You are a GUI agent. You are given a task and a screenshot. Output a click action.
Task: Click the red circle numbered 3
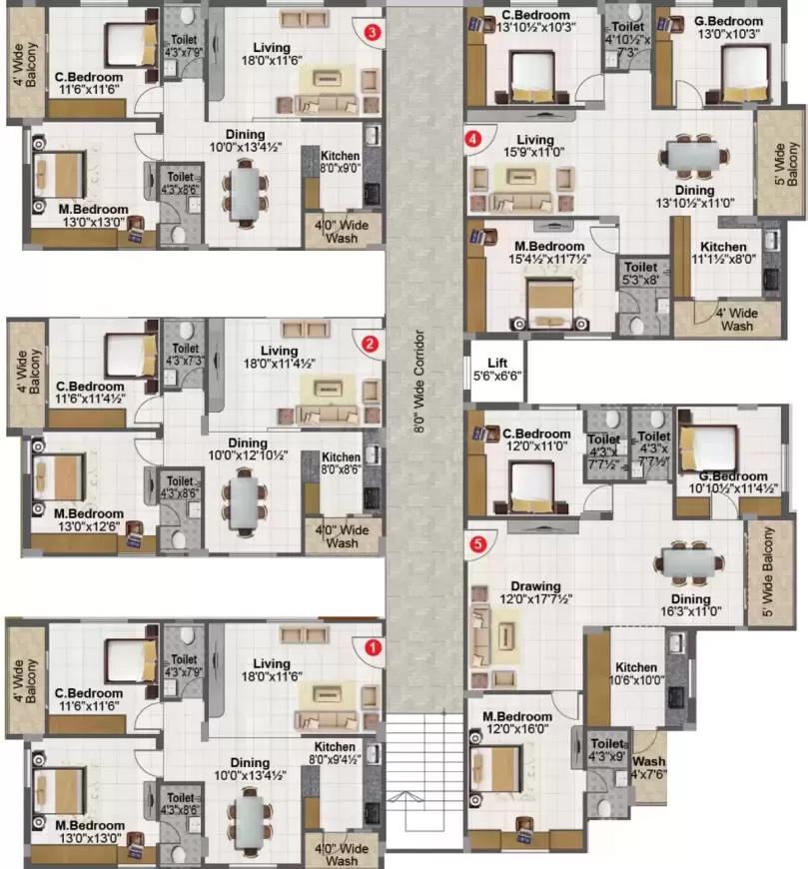click(x=373, y=32)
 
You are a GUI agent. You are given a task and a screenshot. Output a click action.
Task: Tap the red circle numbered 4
click(x=473, y=139)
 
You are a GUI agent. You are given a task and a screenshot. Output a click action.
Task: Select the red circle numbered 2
click(x=371, y=344)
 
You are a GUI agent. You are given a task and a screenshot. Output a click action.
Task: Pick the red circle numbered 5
click(x=478, y=544)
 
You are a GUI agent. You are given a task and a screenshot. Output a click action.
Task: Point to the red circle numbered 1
click(x=373, y=646)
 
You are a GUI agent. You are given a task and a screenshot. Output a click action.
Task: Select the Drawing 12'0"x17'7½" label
click(x=535, y=593)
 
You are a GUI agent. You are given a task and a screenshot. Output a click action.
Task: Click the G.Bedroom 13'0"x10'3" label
click(x=723, y=27)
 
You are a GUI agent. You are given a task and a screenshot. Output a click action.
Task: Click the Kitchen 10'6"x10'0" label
click(x=636, y=674)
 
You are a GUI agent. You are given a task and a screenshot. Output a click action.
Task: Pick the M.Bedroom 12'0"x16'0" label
click(x=517, y=724)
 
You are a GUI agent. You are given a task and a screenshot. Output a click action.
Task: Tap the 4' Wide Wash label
click(x=737, y=320)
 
